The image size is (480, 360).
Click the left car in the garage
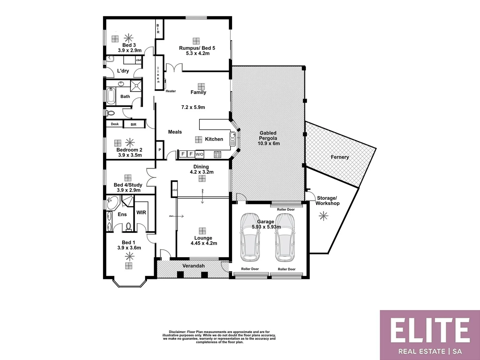tap(250, 237)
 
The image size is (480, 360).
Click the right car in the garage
tap(285, 237)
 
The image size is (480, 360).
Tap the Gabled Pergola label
tap(268, 138)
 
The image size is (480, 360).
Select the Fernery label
tap(340, 157)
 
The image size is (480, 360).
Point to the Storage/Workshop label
tap(327, 201)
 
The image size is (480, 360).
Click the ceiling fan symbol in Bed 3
tap(128, 38)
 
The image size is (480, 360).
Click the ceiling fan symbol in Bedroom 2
tap(130, 143)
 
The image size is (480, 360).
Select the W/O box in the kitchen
tap(199, 154)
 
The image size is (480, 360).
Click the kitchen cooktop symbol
tap(217, 154)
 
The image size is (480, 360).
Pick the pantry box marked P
tap(160, 150)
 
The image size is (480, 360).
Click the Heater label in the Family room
tap(170, 91)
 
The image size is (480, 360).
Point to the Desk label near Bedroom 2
tap(115, 124)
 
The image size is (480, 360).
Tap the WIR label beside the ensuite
tap(141, 212)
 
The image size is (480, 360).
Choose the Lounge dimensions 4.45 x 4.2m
tap(203, 243)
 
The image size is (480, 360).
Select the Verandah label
tap(193, 266)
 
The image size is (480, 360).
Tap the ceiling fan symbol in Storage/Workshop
tap(323, 216)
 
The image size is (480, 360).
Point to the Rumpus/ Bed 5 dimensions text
tap(197, 53)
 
